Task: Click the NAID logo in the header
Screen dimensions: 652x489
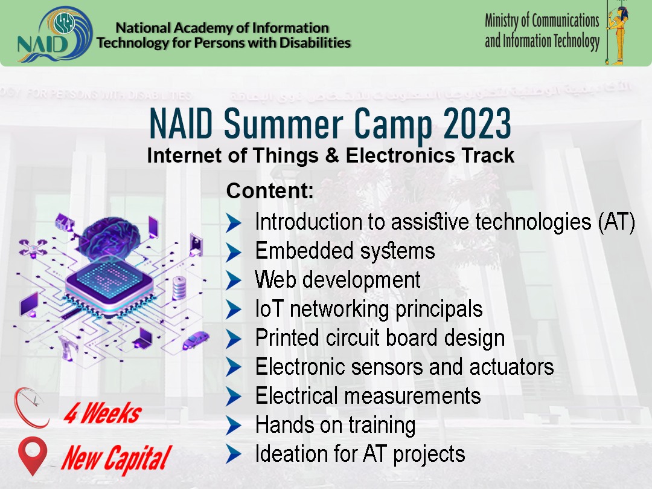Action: [54, 34]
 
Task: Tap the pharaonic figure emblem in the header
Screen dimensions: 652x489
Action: [617, 33]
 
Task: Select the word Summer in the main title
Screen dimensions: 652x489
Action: [284, 123]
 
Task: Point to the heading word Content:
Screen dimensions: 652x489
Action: [270, 190]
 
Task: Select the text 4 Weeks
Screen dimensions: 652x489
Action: [102, 413]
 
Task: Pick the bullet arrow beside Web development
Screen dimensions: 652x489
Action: [234, 280]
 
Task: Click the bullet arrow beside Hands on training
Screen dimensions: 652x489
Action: [234, 426]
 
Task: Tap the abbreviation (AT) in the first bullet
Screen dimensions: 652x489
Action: [616, 222]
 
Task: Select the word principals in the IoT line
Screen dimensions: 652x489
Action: [439, 309]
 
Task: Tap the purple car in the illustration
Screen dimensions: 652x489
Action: [196, 339]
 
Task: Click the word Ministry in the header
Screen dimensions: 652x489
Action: [502, 21]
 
